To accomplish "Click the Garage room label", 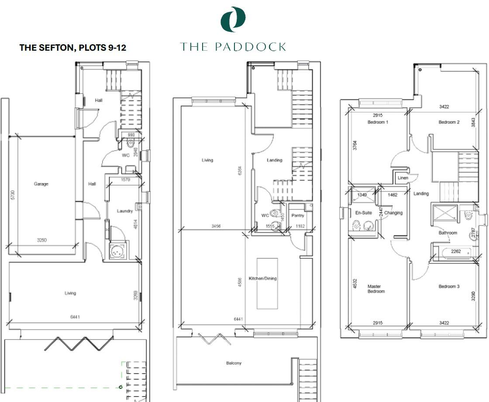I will pyautogui.click(x=41, y=184).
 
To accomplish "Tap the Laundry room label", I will pyautogui.click(x=125, y=211).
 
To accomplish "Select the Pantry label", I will pyautogui.click(x=298, y=215).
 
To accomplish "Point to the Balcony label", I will pyautogui.click(x=234, y=363).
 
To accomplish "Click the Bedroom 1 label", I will pyautogui.click(x=378, y=122).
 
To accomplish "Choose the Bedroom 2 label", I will pyautogui.click(x=449, y=122).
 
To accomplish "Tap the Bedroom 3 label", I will pyautogui.click(x=449, y=287).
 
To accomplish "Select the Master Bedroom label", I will pyautogui.click(x=377, y=289).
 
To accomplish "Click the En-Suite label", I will pyautogui.click(x=363, y=213).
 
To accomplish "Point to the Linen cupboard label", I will pyautogui.click(x=403, y=178).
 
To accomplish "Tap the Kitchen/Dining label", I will pyautogui.click(x=262, y=278).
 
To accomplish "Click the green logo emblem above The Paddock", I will pyautogui.click(x=233, y=20).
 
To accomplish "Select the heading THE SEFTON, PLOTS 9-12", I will pyautogui.click(x=73, y=48).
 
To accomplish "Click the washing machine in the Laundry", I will pyautogui.click(x=117, y=252).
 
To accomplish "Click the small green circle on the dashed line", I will pyautogui.click(x=121, y=387).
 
